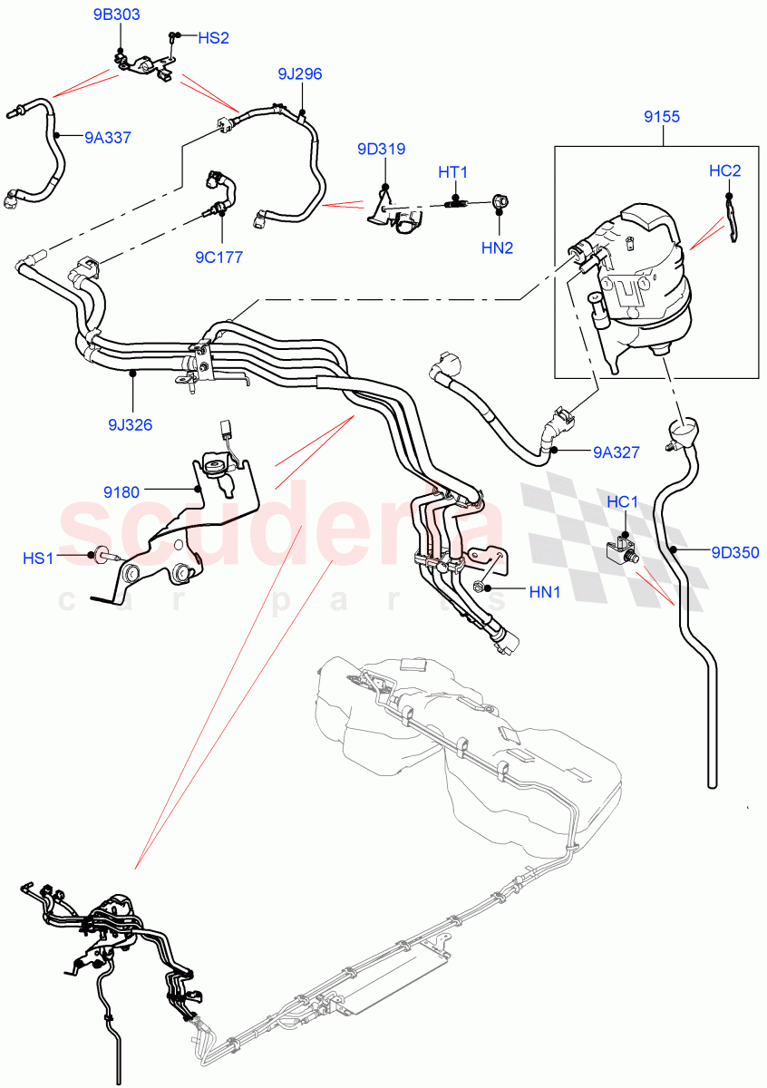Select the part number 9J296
click(x=300, y=73)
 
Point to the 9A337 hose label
click(x=108, y=138)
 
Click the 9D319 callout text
click(x=381, y=150)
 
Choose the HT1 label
click(x=452, y=171)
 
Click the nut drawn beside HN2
click(x=500, y=201)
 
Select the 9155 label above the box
click(x=663, y=116)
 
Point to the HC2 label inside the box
click(x=724, y=170)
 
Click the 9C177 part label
click(x=218, y=257)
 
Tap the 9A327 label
click(x=617, y=450)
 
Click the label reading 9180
click(x=121, y=492)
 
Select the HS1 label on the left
click(x=39, y=559)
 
